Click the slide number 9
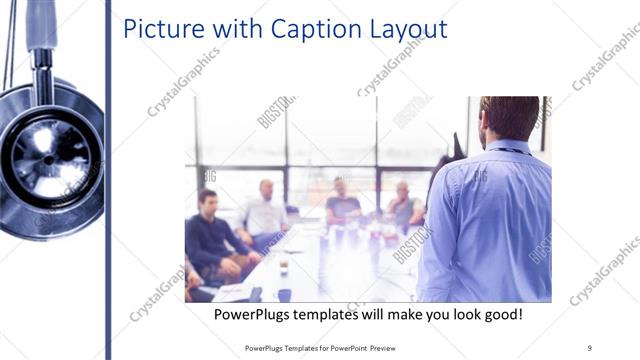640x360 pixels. click(x=590, y=347)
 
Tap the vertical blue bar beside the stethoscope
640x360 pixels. click(x=107, y=180)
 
